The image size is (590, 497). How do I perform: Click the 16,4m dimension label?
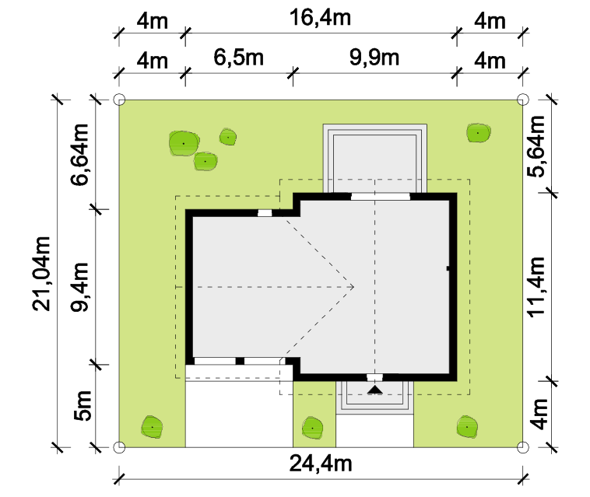click(x=320, y=18)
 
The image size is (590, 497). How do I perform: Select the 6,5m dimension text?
click(x=238, y=58)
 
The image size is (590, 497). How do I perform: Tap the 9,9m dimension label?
click(x=374, y=58)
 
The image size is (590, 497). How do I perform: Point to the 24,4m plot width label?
click(x=321, y=464)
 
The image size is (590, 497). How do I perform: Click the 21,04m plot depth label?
click(x=41, y=274)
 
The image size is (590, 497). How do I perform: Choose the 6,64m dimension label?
click(x=79, y=155)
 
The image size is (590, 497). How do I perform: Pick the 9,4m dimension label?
click(x=79, y=287)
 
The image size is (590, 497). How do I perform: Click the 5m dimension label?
click(x=83, y=405)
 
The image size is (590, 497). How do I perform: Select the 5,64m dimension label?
click(x=536, y=147)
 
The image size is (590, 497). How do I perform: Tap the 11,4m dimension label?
click(x=536, y=287)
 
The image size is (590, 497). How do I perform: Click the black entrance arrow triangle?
click(x=374, y=390)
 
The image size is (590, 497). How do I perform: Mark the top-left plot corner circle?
click(x=119, y=100)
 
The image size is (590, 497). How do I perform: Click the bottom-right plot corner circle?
click(x=522, y=447)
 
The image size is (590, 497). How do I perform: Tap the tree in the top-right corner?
click(x=478, y=133)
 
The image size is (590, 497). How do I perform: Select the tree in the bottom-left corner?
click(x=152, y=428)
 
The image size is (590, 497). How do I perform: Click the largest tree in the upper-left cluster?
click(x=184, y=143)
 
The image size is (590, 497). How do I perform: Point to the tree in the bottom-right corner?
click(x=467, y=427)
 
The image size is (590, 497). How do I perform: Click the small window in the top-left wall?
click(x=265, y=213)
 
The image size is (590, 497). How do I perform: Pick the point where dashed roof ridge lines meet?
click(x=353, y=287)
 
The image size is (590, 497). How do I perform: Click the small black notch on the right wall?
click(x=448, y=268)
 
